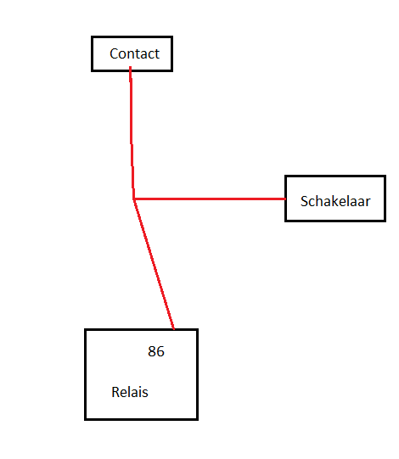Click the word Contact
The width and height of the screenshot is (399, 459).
(x=134, y=53)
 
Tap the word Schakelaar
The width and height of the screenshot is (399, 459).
(x=335, y=201)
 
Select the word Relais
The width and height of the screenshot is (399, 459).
(x=130, y=392)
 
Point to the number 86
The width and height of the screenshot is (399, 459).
(x=156, y=351)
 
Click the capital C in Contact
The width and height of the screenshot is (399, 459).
(x=114, y=53)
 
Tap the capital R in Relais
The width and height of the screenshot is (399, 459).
(x=115, y=392)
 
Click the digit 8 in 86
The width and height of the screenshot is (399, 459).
(x=152, y=351)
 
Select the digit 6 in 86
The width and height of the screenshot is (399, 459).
(x=160, y=351)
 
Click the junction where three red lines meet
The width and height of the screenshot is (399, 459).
(x=133, y=199)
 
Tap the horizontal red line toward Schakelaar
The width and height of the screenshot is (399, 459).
(x=210, y=199)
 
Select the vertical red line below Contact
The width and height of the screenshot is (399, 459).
(x=132, y=133)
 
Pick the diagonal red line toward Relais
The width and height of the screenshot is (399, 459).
(x=154, y=265)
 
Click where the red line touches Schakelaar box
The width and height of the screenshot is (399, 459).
(x=285, y=199)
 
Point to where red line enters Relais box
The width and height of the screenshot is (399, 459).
(x=174, y=329)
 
